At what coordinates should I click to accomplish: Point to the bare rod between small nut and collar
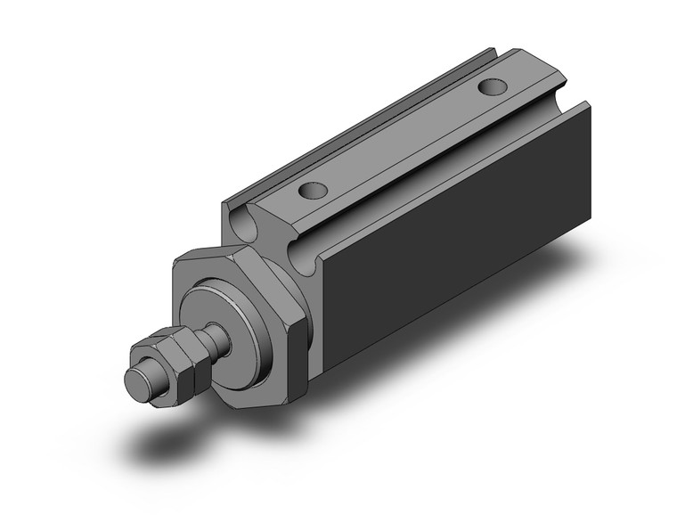point(213,339)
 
